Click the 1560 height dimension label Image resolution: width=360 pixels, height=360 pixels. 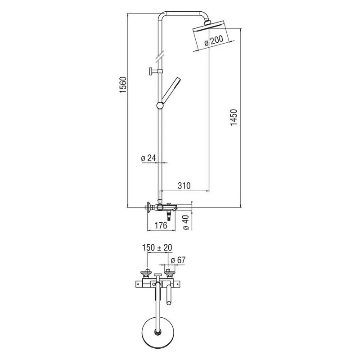click(123, 85)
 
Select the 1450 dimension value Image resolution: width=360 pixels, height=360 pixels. click(234, 117)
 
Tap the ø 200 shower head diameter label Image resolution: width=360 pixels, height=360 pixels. click(213, 41)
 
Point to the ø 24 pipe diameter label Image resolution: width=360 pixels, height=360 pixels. click(148, 158)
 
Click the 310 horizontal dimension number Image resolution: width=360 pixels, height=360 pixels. click(184, 185)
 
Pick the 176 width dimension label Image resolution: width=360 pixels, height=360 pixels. click(161, 225)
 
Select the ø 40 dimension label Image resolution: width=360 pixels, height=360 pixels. click(186, 222)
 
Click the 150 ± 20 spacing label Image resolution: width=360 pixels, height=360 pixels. click(157, 247)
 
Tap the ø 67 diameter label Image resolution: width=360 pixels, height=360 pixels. click(178, 260)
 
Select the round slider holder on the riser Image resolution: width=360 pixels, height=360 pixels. click(160, 106)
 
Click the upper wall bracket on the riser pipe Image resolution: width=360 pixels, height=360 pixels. click(155, 71)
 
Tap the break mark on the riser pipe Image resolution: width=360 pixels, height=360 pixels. click(160, 57)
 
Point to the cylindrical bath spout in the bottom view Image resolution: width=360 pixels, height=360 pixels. click(169, 295)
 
